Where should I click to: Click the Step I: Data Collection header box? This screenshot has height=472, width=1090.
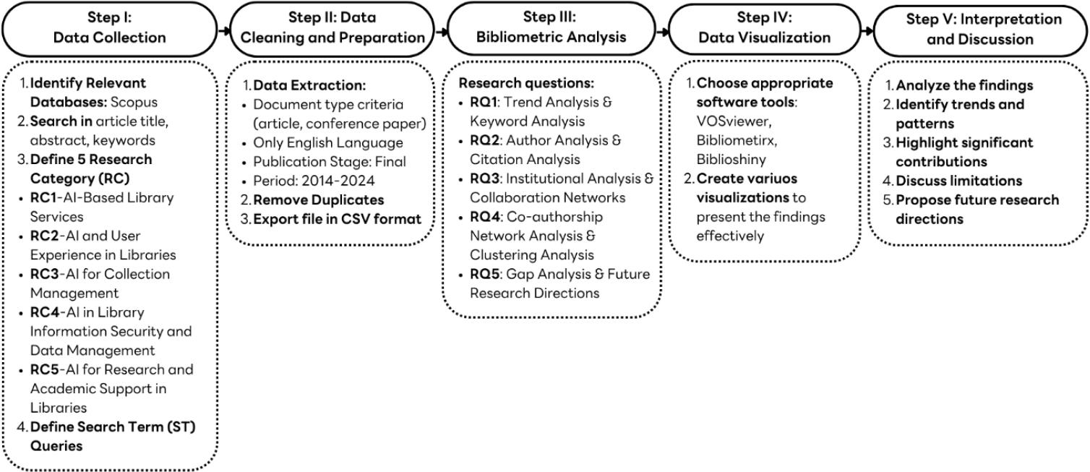tap(110, 28)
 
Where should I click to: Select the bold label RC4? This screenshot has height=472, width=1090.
tap(46, 312)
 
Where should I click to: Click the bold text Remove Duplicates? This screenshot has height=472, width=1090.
tap(318, 200)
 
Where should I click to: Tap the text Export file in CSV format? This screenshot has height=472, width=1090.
tap(337, 219)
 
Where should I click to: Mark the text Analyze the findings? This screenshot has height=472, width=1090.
tap(964, 85)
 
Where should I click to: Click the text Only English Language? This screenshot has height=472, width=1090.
tap(328, 142)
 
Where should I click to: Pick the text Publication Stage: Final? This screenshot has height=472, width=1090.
tap(330, 162)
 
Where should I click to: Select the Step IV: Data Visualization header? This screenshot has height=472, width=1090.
tap(764, 28)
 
